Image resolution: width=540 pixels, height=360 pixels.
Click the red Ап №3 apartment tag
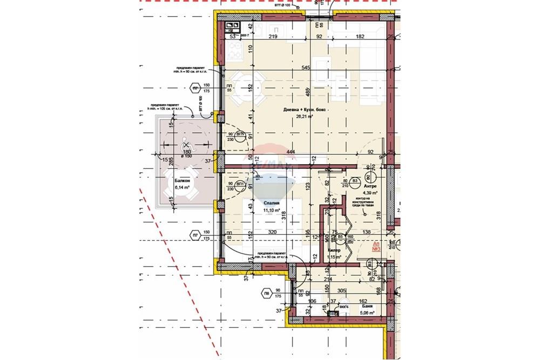click(377, 247)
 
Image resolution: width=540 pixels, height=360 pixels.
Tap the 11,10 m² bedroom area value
click(271, 210)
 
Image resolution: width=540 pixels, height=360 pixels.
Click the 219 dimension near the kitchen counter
click(273, 37)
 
